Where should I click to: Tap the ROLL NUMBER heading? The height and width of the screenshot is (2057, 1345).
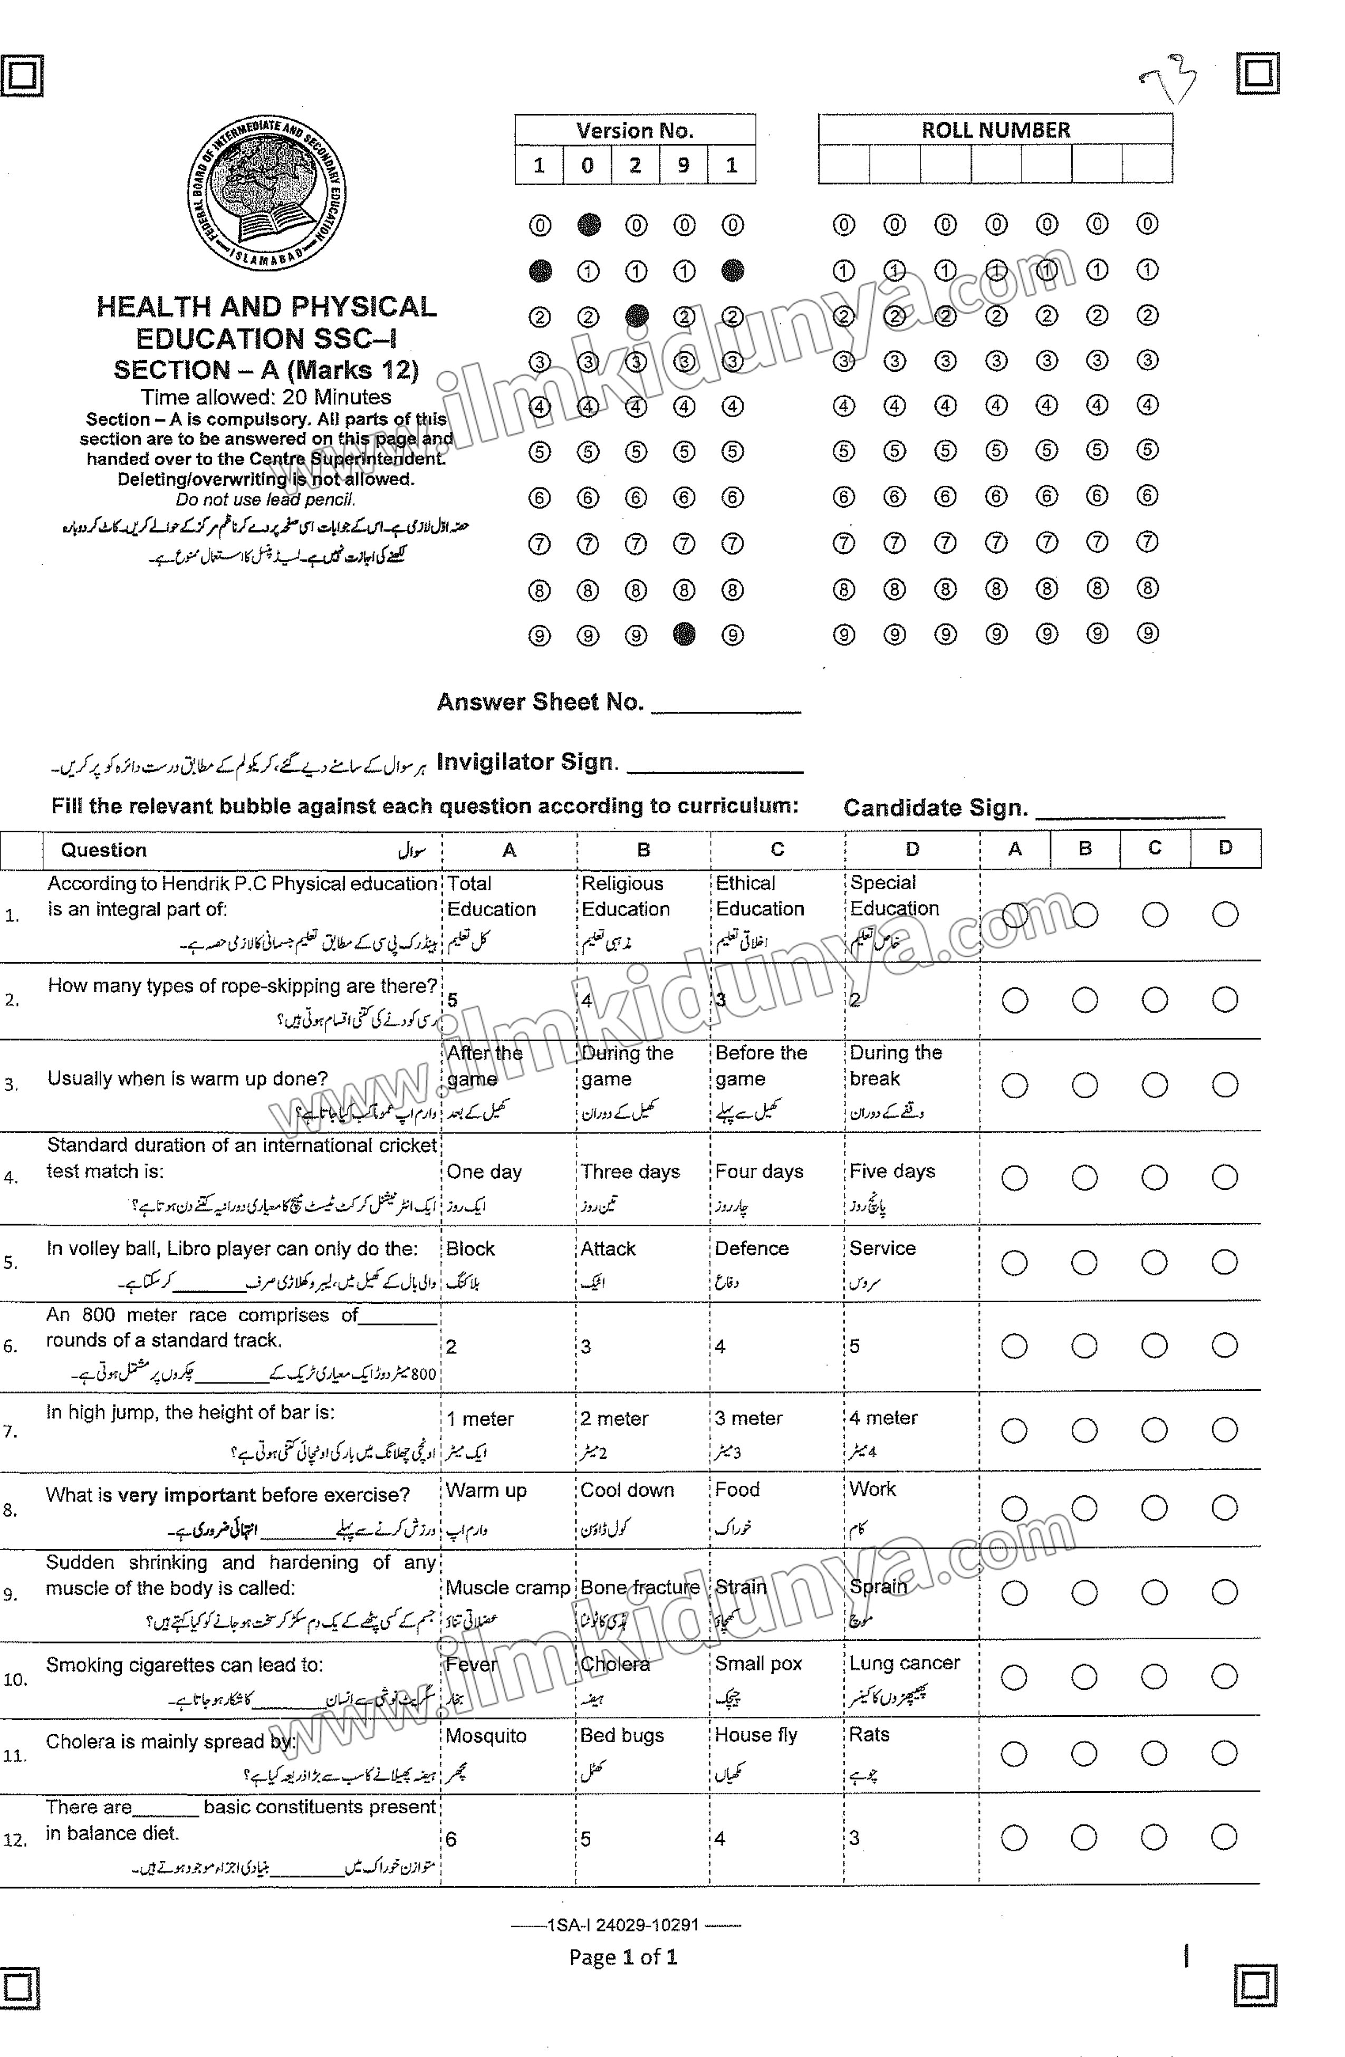[995, 130]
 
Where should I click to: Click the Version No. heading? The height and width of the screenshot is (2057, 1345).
[635, 130]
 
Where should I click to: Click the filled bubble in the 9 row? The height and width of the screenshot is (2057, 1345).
[684, 635]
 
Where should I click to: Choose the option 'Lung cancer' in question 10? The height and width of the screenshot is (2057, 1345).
[904, 1664]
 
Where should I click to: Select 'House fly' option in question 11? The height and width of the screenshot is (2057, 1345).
[755, 1735]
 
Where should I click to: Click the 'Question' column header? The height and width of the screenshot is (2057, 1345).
[104, 850]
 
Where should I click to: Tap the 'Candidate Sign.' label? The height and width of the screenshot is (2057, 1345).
[935, 808]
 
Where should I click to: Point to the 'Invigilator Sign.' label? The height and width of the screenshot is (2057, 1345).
[527, 762]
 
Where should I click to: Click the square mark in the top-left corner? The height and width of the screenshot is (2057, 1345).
[22, 76]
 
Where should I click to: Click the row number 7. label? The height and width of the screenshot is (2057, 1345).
[11, 1432]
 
